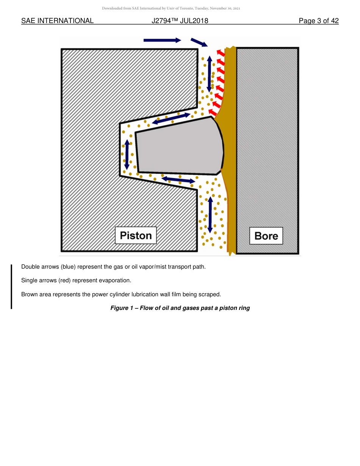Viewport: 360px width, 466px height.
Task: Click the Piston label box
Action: coord(136,235)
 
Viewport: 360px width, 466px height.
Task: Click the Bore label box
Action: coord(266,236)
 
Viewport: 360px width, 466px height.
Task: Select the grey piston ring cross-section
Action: coord(178,148)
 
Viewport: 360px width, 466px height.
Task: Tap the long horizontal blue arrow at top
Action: coord(162,40)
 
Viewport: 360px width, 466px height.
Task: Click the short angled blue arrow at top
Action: coord(199,42)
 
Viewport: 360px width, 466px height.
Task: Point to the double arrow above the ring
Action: coord(171,119)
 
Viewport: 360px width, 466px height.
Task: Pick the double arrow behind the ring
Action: coord(127,154)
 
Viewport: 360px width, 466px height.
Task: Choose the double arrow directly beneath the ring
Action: coord(178,180)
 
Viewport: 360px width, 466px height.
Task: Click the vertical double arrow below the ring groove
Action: coord(210,214)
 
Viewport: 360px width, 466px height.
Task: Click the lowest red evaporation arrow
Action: coord(213,112)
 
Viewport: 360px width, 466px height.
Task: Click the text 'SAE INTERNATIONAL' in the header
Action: coord(57,21)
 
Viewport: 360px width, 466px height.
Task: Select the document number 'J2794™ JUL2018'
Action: coord(180,21)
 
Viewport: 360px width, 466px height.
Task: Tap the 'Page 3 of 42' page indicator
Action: coord(318,21)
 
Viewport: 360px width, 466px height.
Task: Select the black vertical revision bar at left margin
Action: coord(11,286)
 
